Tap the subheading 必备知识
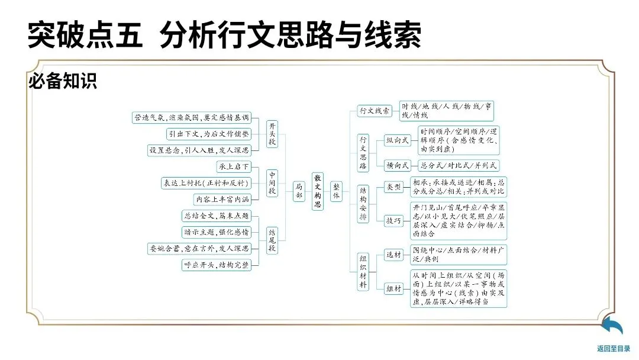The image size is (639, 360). (x=63, y=82)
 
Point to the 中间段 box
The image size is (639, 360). (x=272, y=183)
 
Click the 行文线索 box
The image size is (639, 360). (x=375, y=111)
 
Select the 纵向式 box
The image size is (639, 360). (x=398, y=140)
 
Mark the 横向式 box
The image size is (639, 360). (x=398, y=166)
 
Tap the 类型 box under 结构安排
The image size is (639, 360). (x=393, y=187)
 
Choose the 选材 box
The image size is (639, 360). (x=393, y=255)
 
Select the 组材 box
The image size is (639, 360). (x=393, y=288)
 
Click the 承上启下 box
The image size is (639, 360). (x=234, y=166)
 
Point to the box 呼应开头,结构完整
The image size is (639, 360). (x=217, y=265)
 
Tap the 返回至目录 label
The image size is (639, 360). (x=614, y=349)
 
